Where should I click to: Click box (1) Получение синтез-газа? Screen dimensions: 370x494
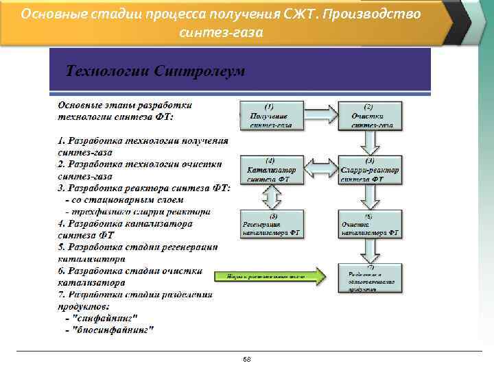coord(272,115)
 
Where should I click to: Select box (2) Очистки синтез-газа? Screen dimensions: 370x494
coord(371,115)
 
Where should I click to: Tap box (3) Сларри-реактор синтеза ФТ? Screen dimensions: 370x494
coord(371,169)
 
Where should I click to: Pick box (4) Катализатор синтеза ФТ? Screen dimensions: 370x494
coord(270,169)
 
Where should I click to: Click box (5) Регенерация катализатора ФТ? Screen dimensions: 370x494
coord(270,223)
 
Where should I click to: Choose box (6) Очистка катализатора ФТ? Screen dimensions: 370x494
coord(371,223)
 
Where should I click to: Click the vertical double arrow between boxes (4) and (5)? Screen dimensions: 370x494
coord(270,197)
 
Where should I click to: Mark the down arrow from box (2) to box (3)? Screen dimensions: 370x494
coord(371,143)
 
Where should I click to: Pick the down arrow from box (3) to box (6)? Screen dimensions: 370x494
coord(371,197)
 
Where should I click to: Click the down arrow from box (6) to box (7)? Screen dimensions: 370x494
coord(371,251)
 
